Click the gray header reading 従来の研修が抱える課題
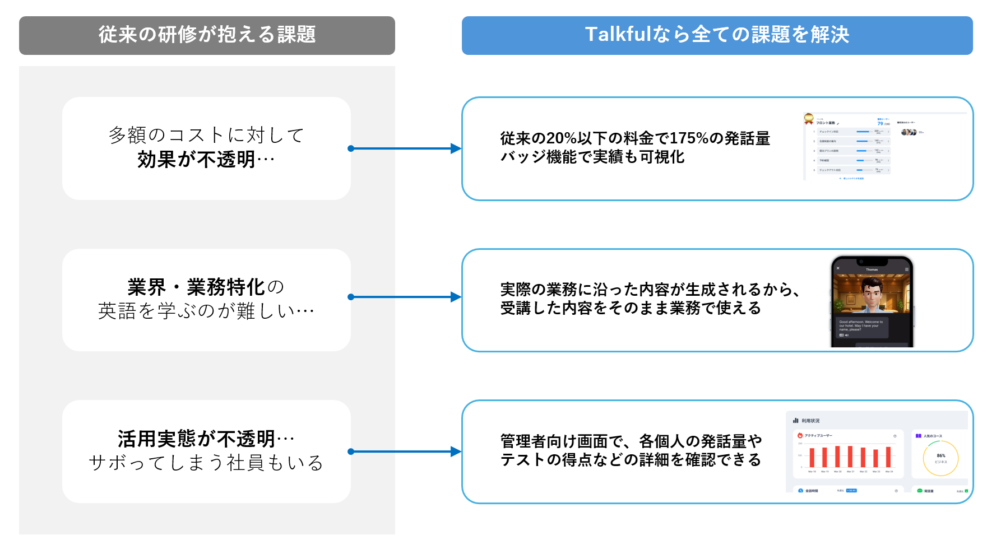(x=207, y=35)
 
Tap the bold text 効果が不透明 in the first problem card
(x=197, y=160)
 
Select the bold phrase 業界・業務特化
(x=196, y=287)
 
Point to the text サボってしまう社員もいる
(x=206, y=463)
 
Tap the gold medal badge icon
(x=808, y=118)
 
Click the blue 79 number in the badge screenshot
(x=880, y=123)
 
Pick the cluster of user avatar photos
(x=908, y=132)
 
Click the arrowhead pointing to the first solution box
(x=456, y=148)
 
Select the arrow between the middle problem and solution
(x=404, y=297)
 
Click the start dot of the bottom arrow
(x=351, y=451)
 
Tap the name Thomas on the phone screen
(x=872, y=269)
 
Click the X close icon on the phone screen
(x=838, y=268)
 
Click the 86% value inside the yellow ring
(x=940, y=455)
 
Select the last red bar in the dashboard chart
(x=888, y=457)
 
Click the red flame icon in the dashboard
(x=800, y=435)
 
